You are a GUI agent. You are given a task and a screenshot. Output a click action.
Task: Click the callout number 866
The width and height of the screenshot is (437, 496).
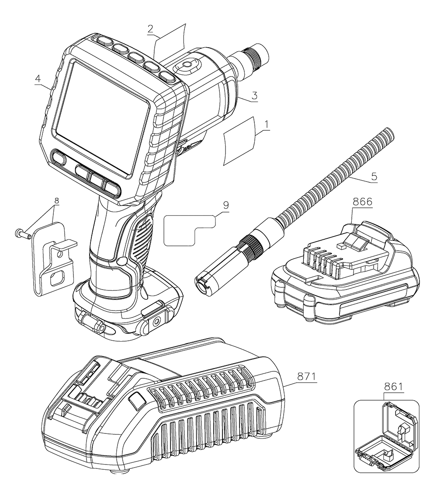[362, 202]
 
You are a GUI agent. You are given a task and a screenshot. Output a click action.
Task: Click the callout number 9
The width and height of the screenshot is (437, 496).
[225, 205]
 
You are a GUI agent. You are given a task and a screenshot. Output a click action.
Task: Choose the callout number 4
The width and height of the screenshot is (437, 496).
[38, 80]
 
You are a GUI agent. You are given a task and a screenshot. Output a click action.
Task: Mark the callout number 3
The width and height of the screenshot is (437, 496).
[253, 94]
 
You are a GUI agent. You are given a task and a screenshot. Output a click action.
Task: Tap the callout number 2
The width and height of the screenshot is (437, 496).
[150, 29]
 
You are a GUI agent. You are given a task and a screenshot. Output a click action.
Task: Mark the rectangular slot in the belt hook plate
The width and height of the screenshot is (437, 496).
[57, 279]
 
